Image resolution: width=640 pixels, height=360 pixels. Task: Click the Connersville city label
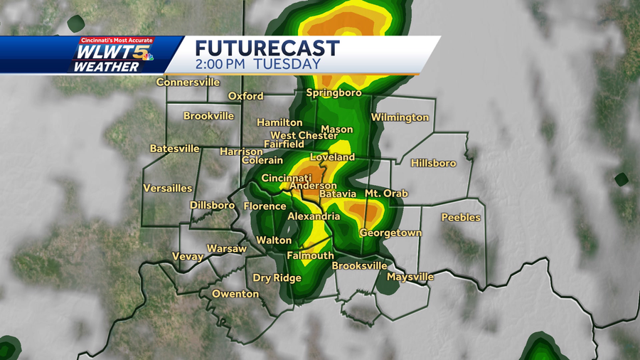[188, 82]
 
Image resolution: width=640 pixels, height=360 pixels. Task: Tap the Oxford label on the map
[245, 96]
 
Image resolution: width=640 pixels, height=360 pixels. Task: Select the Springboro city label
[334, 92]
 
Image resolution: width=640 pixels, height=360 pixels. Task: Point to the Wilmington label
[400, 117]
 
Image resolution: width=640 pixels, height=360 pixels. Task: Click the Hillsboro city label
[433, 163]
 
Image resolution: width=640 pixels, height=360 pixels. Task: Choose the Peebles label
[461, 217]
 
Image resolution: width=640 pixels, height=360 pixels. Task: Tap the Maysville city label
[410, 277]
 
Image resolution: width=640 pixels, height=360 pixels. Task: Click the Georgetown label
[390, 233]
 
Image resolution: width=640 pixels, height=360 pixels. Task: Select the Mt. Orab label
[387, 193]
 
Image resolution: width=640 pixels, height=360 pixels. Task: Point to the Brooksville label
[359, 265]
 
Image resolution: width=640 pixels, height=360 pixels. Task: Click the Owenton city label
[235, 294]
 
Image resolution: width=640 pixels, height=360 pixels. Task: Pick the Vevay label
[188, 256]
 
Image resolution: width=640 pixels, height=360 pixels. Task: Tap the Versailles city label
[168, 188]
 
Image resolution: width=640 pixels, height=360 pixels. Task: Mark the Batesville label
[174, 149]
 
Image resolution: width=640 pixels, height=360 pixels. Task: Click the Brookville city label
[208, 116]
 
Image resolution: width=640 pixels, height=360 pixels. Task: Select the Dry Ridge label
[277, 278]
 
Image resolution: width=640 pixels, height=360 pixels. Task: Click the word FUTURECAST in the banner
[267, 48]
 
